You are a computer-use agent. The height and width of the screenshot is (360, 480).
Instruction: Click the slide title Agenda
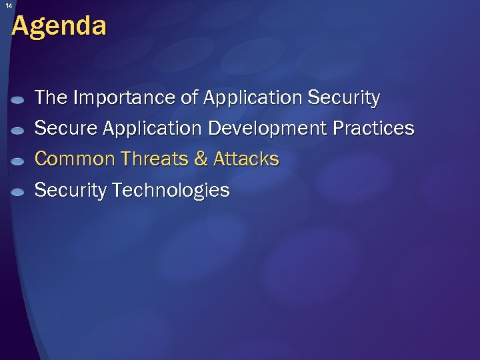coord(59,27)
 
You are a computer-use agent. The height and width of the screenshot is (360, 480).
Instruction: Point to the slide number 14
coord(9,5)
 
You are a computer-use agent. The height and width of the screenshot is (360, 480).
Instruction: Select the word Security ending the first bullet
coord(344,98)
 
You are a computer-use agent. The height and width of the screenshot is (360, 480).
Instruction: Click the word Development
coord(270,128)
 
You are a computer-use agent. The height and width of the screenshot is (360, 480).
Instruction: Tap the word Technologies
coord(171,191)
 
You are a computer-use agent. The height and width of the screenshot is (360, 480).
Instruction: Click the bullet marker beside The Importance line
coord(19,100)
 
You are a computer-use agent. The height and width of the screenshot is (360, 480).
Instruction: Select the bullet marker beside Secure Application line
coord(19,131)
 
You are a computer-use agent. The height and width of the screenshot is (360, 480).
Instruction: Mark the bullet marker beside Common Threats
coord(19,161)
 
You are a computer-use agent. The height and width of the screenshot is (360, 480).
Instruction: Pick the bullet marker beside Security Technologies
coord(19,193)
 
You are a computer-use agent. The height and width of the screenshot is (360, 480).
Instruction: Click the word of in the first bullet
coord(190,98)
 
